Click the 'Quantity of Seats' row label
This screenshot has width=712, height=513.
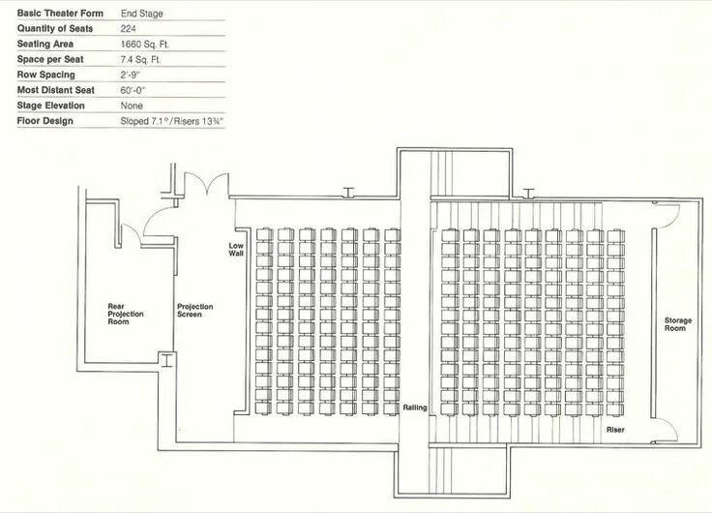tap(55, 29)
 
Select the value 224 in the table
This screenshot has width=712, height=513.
tap(128, 29)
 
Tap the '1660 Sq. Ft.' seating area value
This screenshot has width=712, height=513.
tap(145, 45)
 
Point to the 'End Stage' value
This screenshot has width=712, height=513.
tap(141, 14)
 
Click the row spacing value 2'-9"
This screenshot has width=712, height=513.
tap(131, 75)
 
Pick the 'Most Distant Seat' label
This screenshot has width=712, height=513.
tap(56, 90)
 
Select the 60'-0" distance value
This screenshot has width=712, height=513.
tap(133, 90)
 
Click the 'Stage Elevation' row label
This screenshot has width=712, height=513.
tap(51, 106)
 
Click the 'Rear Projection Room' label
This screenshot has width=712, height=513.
tap(126, 314)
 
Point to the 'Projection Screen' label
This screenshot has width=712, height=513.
tap(194, 311)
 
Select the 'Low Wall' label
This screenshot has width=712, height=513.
tap(236, 250)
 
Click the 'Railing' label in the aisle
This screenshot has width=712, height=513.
tap(415, 407)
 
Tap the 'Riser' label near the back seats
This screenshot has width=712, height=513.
tap(615, 430)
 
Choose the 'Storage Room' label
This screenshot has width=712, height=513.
tap(678, 324)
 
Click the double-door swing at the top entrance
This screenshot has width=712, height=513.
tap(207, 184)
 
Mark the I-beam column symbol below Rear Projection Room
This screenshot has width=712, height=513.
tap(167, 360)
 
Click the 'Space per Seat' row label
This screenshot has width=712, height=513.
tap(50, 59)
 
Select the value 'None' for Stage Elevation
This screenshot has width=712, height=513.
tap(132, 106)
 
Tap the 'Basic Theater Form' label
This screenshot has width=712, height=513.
tap(60, 14)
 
